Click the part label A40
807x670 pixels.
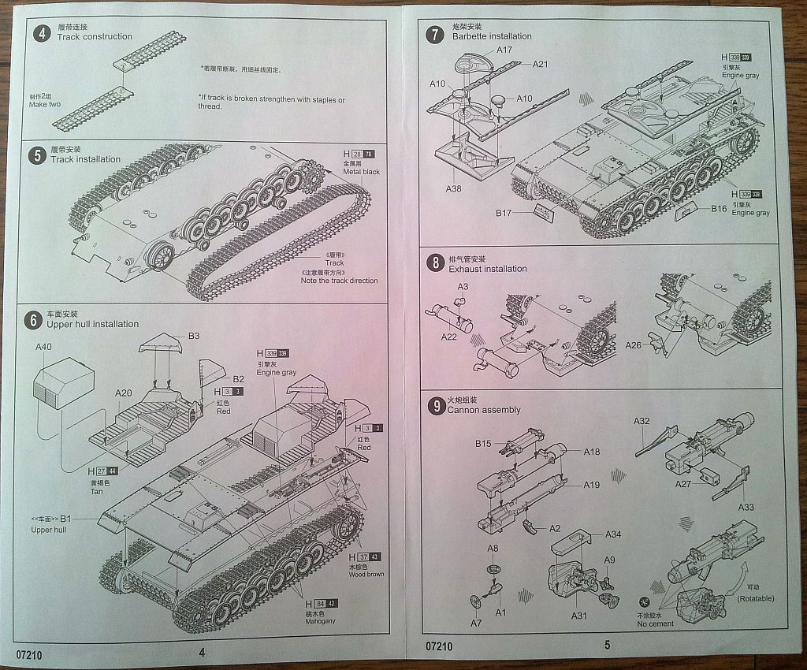(43, 346)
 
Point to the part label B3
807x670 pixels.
(194, 336)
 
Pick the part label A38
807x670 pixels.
(453, 189)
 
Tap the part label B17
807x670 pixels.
(504, 213)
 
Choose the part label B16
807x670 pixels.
(718, 209)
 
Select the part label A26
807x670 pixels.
(634, 344)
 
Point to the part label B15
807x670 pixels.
(483, 444)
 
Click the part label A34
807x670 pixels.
(613, 534)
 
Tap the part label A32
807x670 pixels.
(642, 421)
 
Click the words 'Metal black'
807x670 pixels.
(361, 172)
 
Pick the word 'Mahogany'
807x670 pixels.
(321, 622)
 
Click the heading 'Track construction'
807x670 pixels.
(95, 37)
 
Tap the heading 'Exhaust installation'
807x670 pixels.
(488, 269)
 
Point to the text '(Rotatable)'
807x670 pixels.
(756, 598)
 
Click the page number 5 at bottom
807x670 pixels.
(607, 645)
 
